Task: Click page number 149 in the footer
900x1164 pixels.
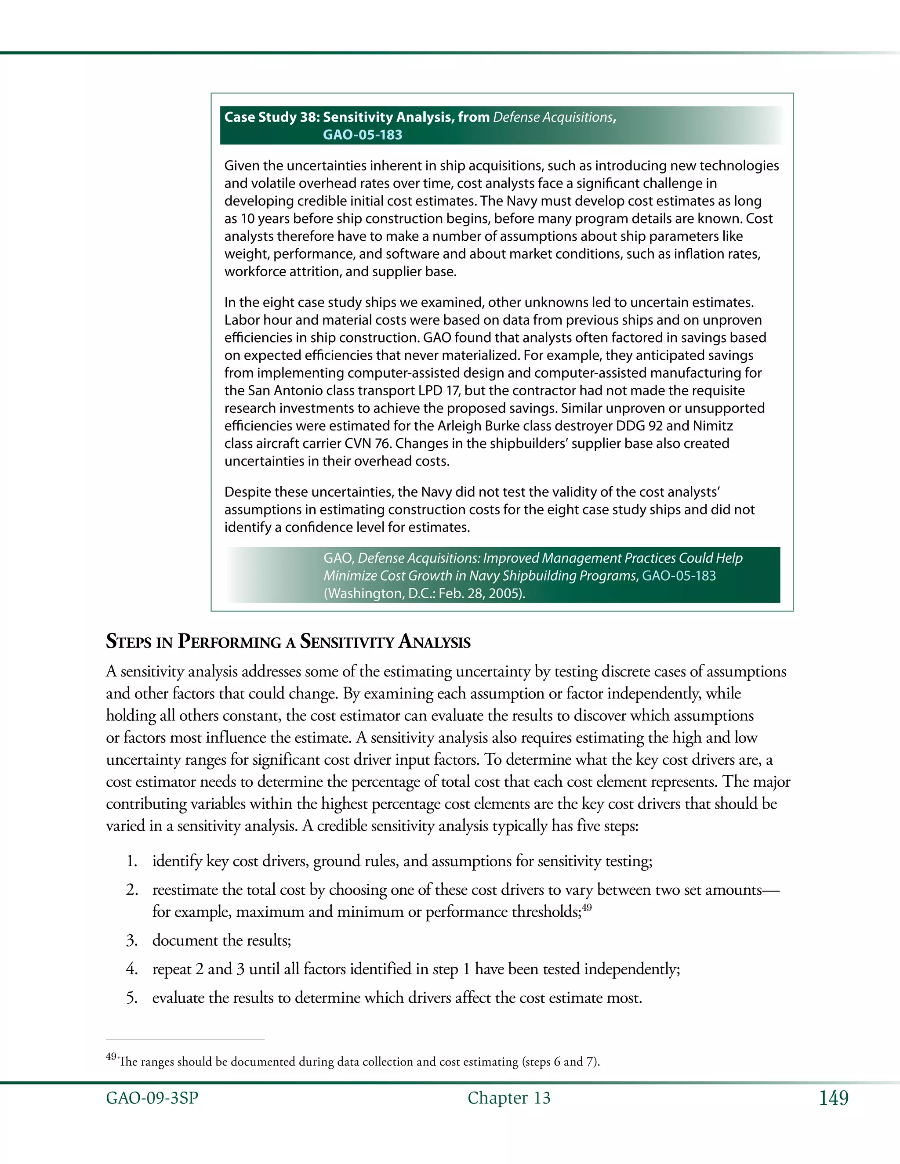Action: click(x=833, y=1098)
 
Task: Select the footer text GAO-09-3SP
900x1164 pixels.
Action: click(x=152, y=1098)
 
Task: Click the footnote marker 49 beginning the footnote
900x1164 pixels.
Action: click(x=111, y=1056)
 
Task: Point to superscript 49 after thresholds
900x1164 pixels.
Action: click(x=587, y=907)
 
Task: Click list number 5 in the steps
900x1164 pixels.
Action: click(x=132, y=998)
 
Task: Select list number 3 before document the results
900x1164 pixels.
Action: click(x=132, y=940)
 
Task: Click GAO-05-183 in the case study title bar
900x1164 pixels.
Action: click(x=363, y=135)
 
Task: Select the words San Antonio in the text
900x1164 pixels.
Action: click(x=279, y=390)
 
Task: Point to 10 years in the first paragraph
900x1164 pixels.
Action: click(x=265, y=218)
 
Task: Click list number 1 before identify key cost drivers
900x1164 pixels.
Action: click(x=132, y=861)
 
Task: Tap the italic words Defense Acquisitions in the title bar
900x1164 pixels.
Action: click(x=553, y=117)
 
